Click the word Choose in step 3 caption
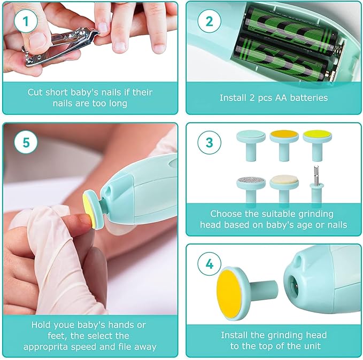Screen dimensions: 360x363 (226, 214)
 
